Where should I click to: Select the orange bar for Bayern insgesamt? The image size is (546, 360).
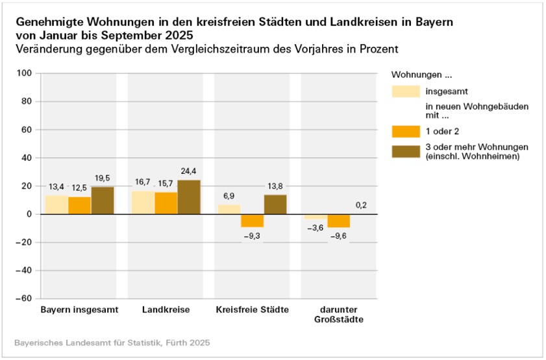coord(79,206)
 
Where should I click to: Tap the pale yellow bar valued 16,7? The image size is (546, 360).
coord(143,202)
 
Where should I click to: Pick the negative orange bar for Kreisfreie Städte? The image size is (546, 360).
coord(253,221)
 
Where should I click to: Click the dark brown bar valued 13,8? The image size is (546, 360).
coord(275,204)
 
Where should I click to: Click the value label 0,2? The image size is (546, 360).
coord(362,205)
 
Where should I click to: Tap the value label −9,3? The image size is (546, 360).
coord(253,234)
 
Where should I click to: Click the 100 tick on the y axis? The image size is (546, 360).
coord(25,73)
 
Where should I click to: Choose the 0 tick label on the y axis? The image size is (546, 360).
coord(29,214)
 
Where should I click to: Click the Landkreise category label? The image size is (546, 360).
coord(166,309)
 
